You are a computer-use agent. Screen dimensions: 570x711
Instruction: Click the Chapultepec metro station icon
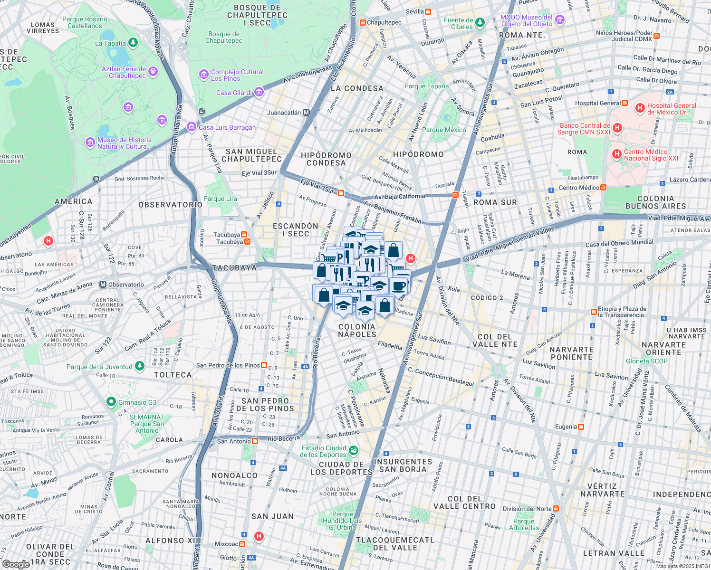[363, 22]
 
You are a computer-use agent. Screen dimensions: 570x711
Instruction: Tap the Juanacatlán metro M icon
[306, 113]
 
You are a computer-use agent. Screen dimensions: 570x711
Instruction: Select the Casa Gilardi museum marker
[259, 92]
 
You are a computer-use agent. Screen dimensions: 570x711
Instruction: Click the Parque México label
[444, 130]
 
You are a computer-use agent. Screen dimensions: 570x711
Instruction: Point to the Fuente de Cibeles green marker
[480, 22]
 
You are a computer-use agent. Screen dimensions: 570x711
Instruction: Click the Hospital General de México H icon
[640, 109]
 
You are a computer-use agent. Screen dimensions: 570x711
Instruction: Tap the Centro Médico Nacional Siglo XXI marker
[617, 154]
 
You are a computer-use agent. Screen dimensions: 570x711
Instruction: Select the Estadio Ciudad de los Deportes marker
[353, 450]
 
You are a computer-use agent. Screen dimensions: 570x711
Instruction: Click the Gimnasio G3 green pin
[111, 402]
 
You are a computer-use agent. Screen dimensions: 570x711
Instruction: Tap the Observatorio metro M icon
[103, 285]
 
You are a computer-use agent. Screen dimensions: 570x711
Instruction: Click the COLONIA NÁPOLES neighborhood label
[357, 330]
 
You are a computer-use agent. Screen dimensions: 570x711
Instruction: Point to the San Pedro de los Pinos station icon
[264, 365]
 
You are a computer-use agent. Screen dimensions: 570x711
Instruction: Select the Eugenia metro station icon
[581, 427]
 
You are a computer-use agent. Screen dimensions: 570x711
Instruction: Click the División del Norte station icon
[556, 509]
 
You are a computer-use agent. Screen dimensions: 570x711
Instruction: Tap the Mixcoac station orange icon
[242, 544]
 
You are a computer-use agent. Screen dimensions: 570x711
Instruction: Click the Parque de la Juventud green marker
[139, 366]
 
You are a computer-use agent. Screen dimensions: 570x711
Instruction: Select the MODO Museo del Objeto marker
[560, 20]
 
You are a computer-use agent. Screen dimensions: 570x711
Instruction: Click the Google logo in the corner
[16, 564]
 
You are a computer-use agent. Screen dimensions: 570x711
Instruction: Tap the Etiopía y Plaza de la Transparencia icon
[594, 312]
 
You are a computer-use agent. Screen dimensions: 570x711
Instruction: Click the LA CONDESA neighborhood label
[357, 88]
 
